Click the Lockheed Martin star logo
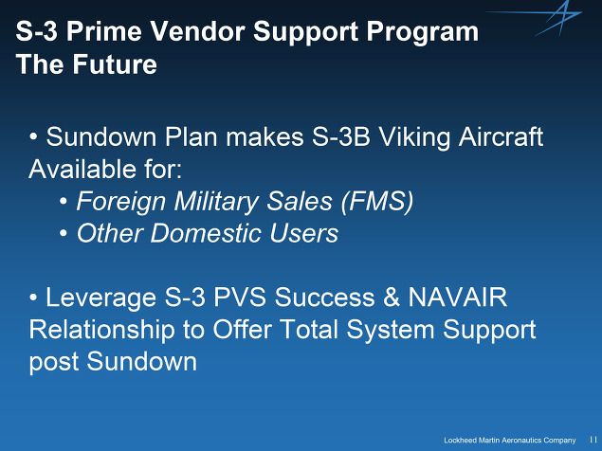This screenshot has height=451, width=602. point(553,19)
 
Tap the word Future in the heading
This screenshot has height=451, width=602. point(115,63)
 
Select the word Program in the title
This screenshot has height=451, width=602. point(422,32)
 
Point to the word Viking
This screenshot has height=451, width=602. point(414,138)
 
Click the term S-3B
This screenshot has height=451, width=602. point(341,137)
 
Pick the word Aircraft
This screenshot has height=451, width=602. point(501,137)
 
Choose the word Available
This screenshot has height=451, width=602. point(82,169)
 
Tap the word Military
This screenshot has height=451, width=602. point(216,202)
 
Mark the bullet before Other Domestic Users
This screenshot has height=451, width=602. point(64,233)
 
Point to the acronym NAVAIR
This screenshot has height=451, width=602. point(457,298)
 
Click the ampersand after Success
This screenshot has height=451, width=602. point(391,298)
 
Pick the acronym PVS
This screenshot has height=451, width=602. point(240,298)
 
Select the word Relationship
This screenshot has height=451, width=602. point(101,331)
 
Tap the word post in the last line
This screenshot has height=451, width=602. point(54,363)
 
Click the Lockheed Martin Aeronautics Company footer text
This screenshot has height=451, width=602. point(510,441)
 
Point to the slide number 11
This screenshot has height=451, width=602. point(593,440)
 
